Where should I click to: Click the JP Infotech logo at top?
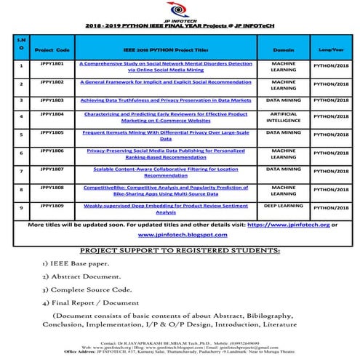pyautogui.click(x=179, y=9)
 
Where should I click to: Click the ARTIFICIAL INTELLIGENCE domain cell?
pyautogui.click(x=283, y=119)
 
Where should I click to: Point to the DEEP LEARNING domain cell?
pyautogui.click(x=283, y=206)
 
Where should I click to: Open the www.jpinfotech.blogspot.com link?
pyautogui.click(x=182, y=236)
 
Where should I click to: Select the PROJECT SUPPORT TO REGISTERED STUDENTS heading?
pyautogui.click(x=180, y=250)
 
